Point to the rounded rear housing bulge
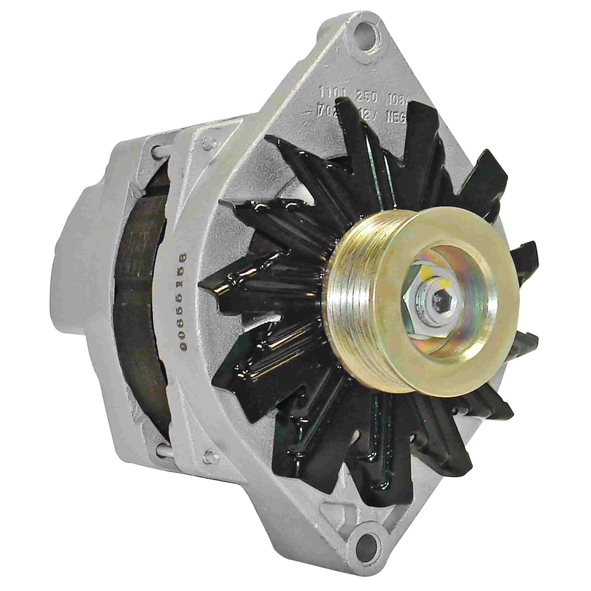72,269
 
